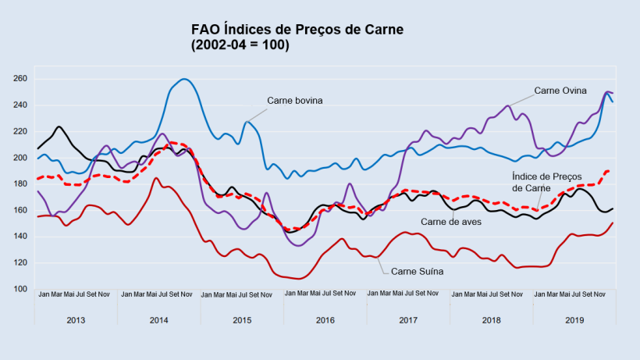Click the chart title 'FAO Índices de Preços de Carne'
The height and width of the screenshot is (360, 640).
click(297, 30)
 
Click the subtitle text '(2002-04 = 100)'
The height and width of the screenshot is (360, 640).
click(240, 45)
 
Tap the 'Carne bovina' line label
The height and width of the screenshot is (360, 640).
click(294, 101)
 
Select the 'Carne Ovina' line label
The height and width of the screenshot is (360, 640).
click(561, 91)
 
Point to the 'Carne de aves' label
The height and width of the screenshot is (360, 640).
click(452, 222)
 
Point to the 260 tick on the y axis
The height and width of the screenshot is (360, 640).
click(20, 79)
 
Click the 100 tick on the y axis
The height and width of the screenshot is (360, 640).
click(20, 289)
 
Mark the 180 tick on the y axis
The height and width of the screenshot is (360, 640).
click(20, 184)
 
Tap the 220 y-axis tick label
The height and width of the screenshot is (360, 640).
click(20, 132)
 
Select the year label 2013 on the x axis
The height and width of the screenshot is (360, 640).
click(76, 320)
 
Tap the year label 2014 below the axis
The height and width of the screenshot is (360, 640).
click(158, 320)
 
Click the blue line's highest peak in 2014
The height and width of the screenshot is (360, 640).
click(184, 79)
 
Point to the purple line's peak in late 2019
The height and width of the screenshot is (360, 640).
click(607, 91)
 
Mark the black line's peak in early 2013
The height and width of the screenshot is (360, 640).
click(59, 127)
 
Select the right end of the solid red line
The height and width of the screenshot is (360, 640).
click(613, 223)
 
